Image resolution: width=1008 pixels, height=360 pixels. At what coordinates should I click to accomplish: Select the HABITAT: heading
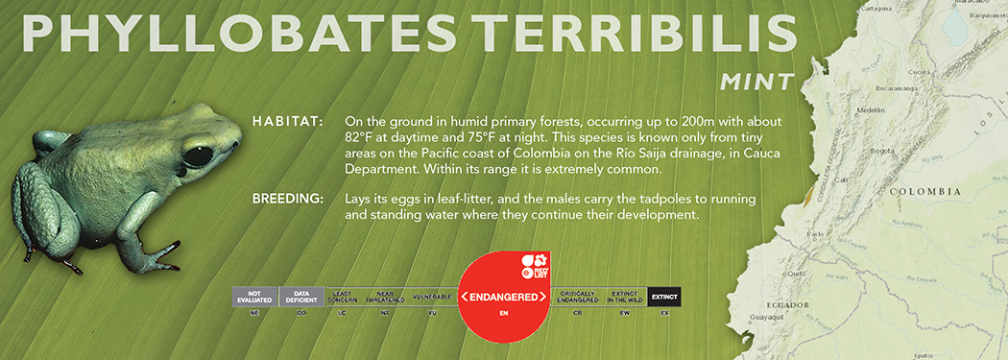287,122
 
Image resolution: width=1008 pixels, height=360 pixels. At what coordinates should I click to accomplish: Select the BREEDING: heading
287,199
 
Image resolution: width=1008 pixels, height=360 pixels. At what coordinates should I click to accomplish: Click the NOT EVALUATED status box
254,297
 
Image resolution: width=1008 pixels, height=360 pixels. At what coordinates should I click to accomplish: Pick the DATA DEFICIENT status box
301,297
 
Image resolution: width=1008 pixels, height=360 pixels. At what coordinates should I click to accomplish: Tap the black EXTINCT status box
664,297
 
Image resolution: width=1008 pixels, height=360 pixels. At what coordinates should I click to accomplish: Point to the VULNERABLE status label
433,297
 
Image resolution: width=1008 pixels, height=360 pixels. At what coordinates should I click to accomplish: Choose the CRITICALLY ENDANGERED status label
578,297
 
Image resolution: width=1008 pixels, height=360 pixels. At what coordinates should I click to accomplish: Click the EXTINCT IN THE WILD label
625,297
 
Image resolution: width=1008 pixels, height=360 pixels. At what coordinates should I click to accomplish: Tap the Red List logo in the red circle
533,265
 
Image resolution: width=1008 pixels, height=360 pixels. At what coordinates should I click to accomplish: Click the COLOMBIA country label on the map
924,192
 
